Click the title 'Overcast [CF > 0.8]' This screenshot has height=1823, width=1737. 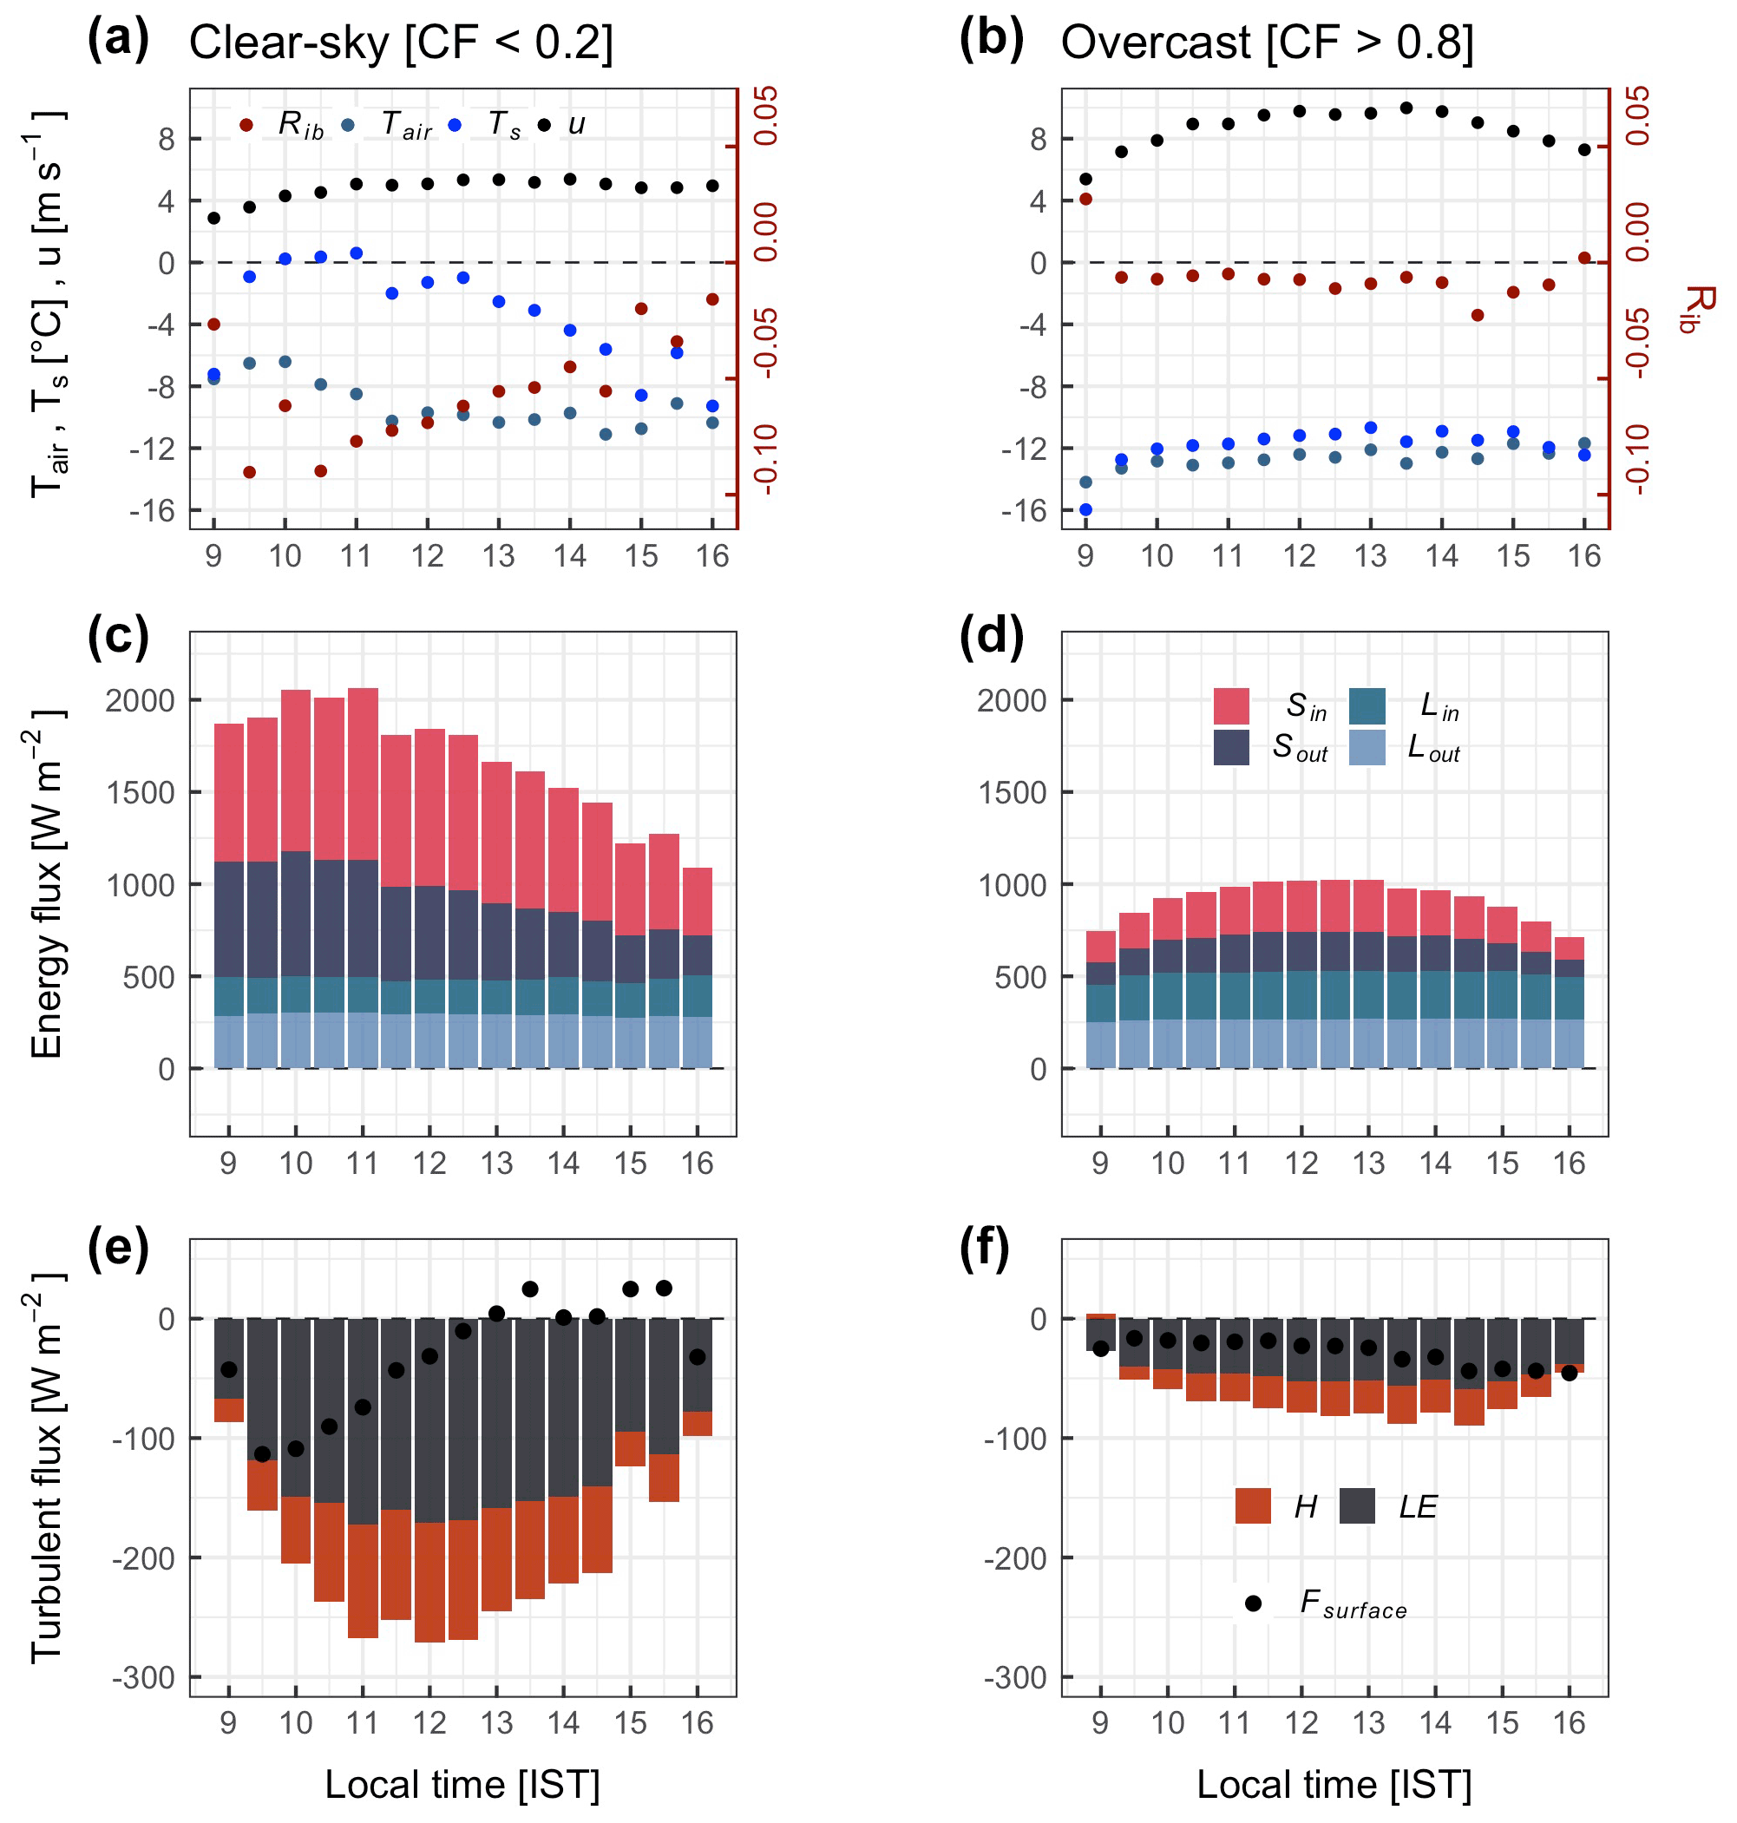1267,43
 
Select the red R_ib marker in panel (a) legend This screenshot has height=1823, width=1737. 246,124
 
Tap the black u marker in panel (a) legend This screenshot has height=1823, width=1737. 544,124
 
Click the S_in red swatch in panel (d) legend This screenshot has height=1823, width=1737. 1230,705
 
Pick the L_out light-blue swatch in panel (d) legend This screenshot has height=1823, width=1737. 1367,747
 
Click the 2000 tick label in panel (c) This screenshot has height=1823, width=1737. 140,701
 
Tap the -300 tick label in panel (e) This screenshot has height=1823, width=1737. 143,1676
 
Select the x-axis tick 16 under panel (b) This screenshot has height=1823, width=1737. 1583,555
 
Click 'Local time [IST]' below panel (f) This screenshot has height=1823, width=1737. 1334,1784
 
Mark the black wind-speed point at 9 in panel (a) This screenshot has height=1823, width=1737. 214,219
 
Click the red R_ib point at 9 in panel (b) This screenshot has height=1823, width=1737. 1085,199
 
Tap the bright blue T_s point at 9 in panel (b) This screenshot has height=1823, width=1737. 1085,509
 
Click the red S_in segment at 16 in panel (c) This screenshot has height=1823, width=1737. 698,901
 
